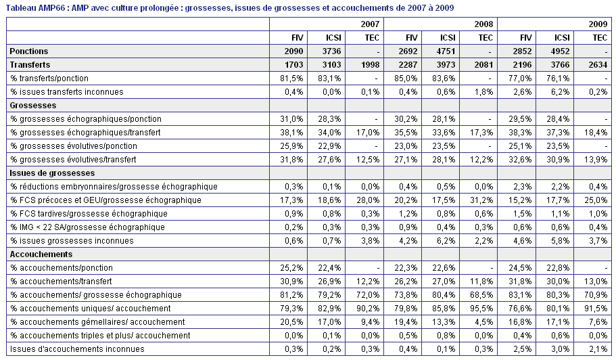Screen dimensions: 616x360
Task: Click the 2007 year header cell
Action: [x=327, y=24]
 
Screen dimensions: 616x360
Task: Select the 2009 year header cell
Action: [x=554, y=24]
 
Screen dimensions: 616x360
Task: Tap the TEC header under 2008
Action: [x=479, y=38]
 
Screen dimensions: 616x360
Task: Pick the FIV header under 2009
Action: [x=517, y=38]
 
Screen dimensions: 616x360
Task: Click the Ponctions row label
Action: [x=28, y=51]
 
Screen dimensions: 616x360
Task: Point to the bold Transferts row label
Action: [x=30, y=65]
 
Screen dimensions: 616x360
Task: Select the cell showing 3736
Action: [x=326, y=51]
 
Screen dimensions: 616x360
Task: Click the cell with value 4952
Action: [x=554, y=51]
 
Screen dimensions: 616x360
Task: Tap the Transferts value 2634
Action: [x=593, y=65]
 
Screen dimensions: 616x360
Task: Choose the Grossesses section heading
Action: [x=33, y=106]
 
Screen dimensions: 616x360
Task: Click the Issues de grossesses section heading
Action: [x=52, y=173]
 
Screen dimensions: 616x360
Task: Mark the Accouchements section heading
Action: [x=41, y=254]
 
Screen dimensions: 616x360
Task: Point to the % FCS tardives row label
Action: [x=89, y=214]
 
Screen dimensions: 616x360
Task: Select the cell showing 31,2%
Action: [x=479, y=200]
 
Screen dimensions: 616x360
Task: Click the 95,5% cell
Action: [x=479, y=309]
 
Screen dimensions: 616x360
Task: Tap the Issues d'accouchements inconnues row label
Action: [x=77, y=349]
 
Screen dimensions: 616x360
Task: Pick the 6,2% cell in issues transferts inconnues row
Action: [x=554, y=92]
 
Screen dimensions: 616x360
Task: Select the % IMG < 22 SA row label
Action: [x=87, y=227]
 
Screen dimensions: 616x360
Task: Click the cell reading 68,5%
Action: [x=479, y=295]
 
